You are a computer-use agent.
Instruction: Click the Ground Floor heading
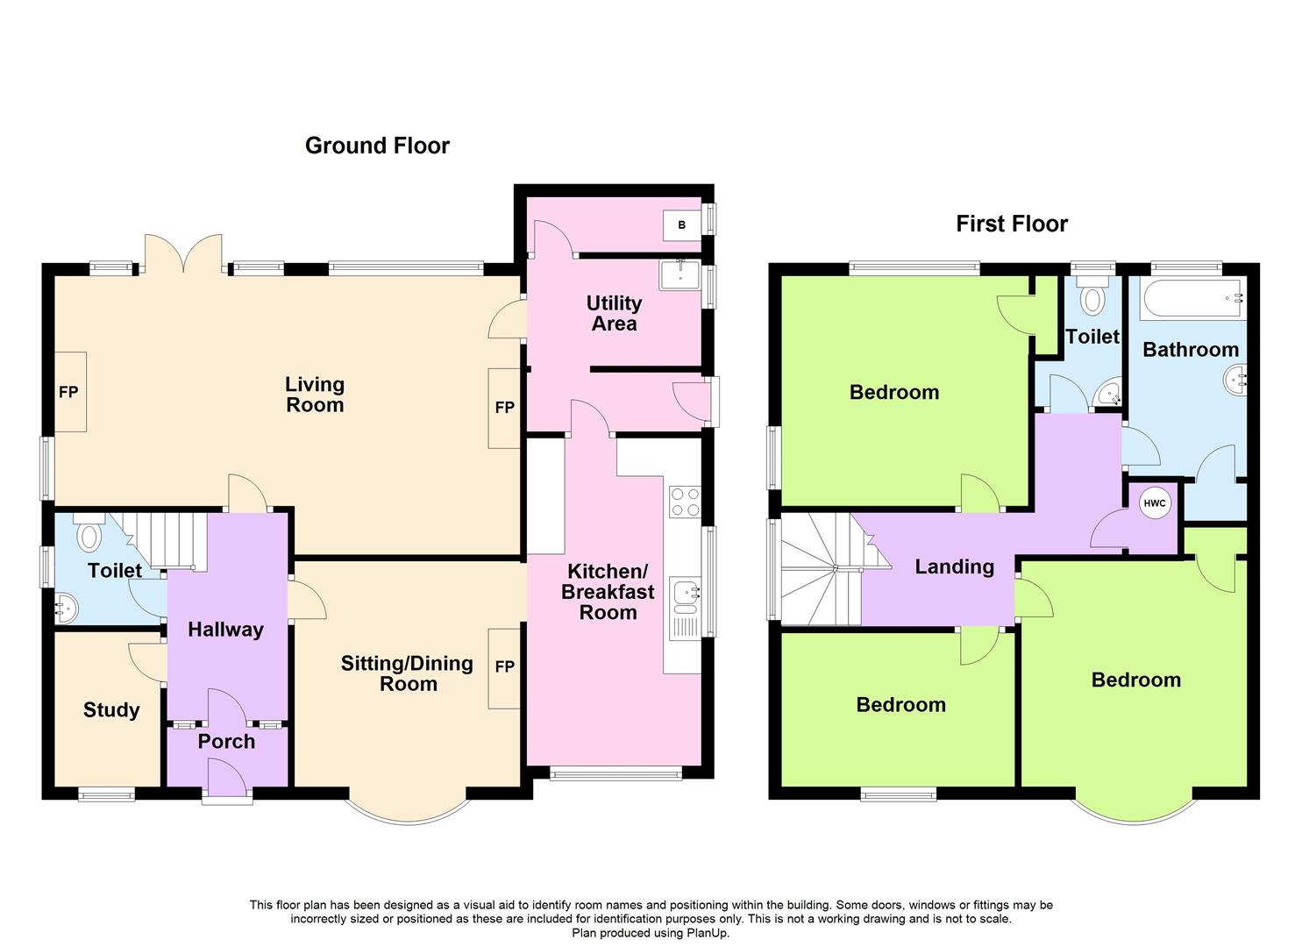pos(377,146)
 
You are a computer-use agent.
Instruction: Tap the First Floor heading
pos(1011,224)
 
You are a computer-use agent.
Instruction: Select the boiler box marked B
pos(682,224)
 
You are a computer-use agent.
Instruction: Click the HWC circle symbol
pos(1155,503)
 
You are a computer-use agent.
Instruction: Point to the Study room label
pos(111,709)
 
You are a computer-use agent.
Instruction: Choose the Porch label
pos(226,741)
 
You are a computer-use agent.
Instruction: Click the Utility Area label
pos(614,313)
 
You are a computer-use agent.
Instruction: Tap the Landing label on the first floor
pos(954,566)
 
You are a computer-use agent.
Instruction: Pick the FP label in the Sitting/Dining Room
pos(504,667)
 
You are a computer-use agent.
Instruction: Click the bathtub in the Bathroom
pos(1191,300)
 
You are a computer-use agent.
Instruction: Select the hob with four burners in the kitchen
pos(684,501)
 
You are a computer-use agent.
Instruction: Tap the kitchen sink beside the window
pos(683,594)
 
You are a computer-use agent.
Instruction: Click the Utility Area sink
pos(679,274)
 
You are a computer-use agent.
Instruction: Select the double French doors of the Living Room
pos(183,253)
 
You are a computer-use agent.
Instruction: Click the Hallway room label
pos(225,629)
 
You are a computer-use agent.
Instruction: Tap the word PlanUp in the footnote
pos(707,933)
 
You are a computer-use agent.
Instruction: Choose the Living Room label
pos(314,395)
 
